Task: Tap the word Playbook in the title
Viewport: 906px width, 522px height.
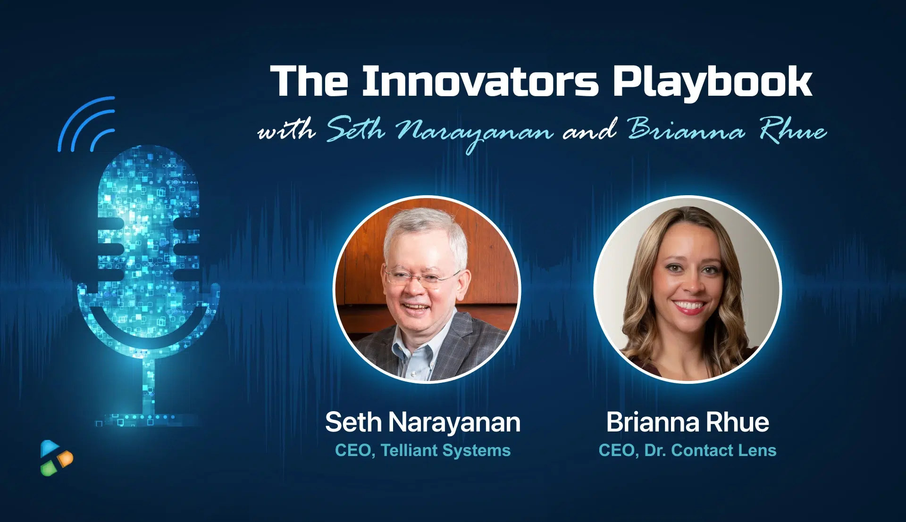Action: click(712, 83)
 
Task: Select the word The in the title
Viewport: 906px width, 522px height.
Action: click(309, 82)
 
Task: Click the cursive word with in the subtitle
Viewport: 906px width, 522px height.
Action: click(287, 130)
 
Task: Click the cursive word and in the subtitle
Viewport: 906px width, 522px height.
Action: click(590, 130)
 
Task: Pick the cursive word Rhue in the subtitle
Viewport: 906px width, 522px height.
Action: click(792, 130)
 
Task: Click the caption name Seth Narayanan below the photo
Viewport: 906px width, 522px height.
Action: click(422, 422)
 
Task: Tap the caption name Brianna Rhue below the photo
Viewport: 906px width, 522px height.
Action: click(688, 422)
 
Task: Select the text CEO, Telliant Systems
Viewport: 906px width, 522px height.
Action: click(422, 450)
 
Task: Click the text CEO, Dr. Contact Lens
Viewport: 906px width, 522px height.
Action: click(688, 450)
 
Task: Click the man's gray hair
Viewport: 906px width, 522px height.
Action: click(425, 226)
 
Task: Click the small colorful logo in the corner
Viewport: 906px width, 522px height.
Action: click(56, 458)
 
